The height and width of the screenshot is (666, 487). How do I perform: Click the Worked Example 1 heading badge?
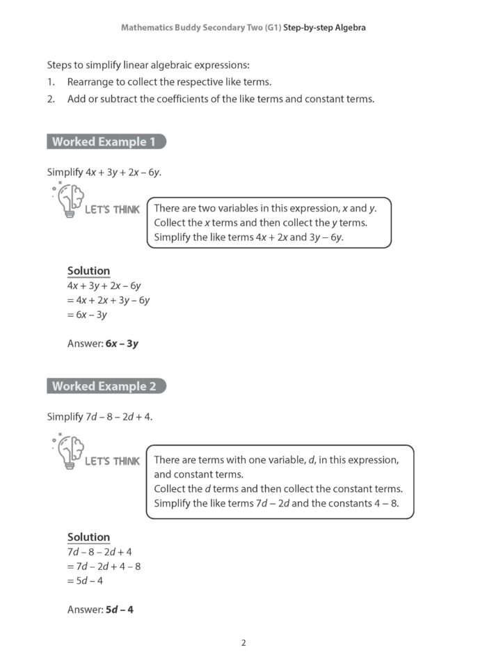point(106,142)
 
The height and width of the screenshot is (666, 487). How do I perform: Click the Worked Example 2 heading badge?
point(106,386)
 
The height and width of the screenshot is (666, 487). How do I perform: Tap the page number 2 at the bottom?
point(243,642)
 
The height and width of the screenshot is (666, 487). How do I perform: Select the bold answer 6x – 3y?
point(122,343)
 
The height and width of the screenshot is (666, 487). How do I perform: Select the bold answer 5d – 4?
point(119,610)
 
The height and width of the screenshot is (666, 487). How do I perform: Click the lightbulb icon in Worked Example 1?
point(68,201)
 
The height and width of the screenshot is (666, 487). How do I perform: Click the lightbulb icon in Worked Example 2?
point(68,452)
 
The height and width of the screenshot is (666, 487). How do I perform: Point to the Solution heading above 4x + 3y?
point(88,271)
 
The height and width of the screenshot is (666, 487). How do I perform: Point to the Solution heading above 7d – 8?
point(88,537)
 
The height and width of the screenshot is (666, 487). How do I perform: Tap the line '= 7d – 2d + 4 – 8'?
point(104,566)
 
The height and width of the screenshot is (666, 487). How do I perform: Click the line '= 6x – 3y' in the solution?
point(87,315)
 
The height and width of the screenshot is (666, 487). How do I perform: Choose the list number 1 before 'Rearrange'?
point(50,82)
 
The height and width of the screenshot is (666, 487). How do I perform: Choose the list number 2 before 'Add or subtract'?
point(50,99)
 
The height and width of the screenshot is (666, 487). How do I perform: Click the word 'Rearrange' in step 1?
point(93,82)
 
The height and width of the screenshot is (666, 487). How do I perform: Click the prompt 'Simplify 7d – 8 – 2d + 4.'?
point(99,417)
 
